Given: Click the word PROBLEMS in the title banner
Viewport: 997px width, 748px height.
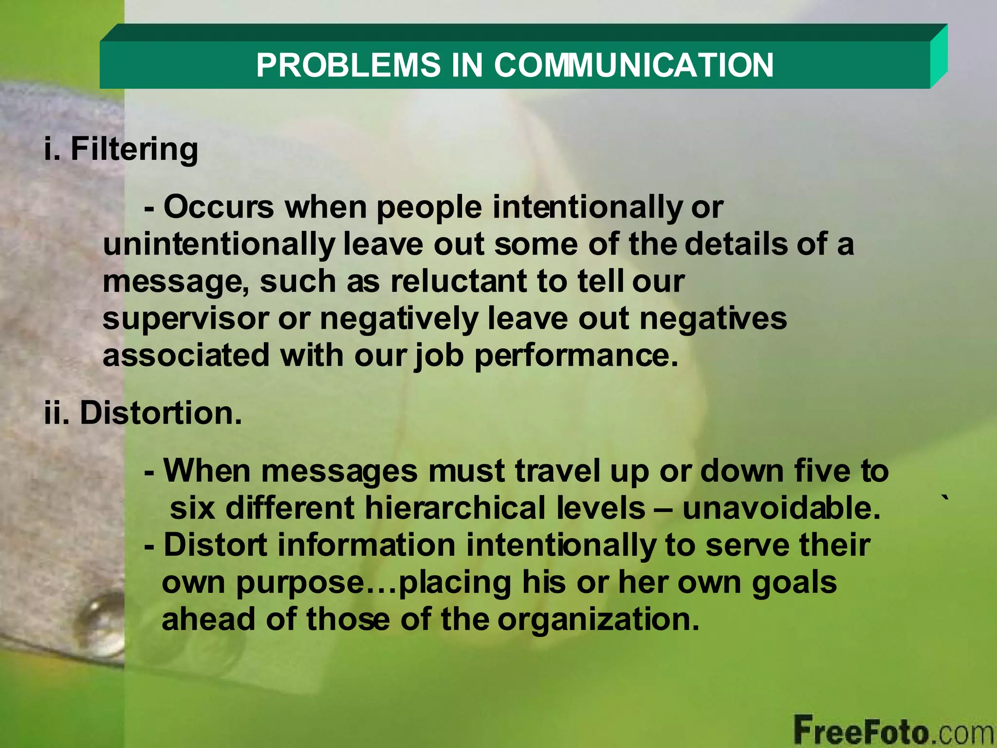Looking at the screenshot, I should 348,65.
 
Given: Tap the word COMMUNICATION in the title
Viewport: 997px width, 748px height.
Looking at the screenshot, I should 633,65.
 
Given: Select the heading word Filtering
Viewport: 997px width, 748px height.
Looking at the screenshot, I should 134,149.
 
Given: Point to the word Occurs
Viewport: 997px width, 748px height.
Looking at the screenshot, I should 219,207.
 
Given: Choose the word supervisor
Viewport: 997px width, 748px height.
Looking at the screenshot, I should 185,318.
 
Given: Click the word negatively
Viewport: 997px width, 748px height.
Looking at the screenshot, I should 399,319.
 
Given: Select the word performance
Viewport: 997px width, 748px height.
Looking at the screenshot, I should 576,356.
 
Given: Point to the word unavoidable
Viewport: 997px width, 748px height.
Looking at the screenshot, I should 781,508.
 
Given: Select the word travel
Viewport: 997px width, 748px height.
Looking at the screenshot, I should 557,471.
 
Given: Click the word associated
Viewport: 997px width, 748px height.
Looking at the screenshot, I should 185,355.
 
